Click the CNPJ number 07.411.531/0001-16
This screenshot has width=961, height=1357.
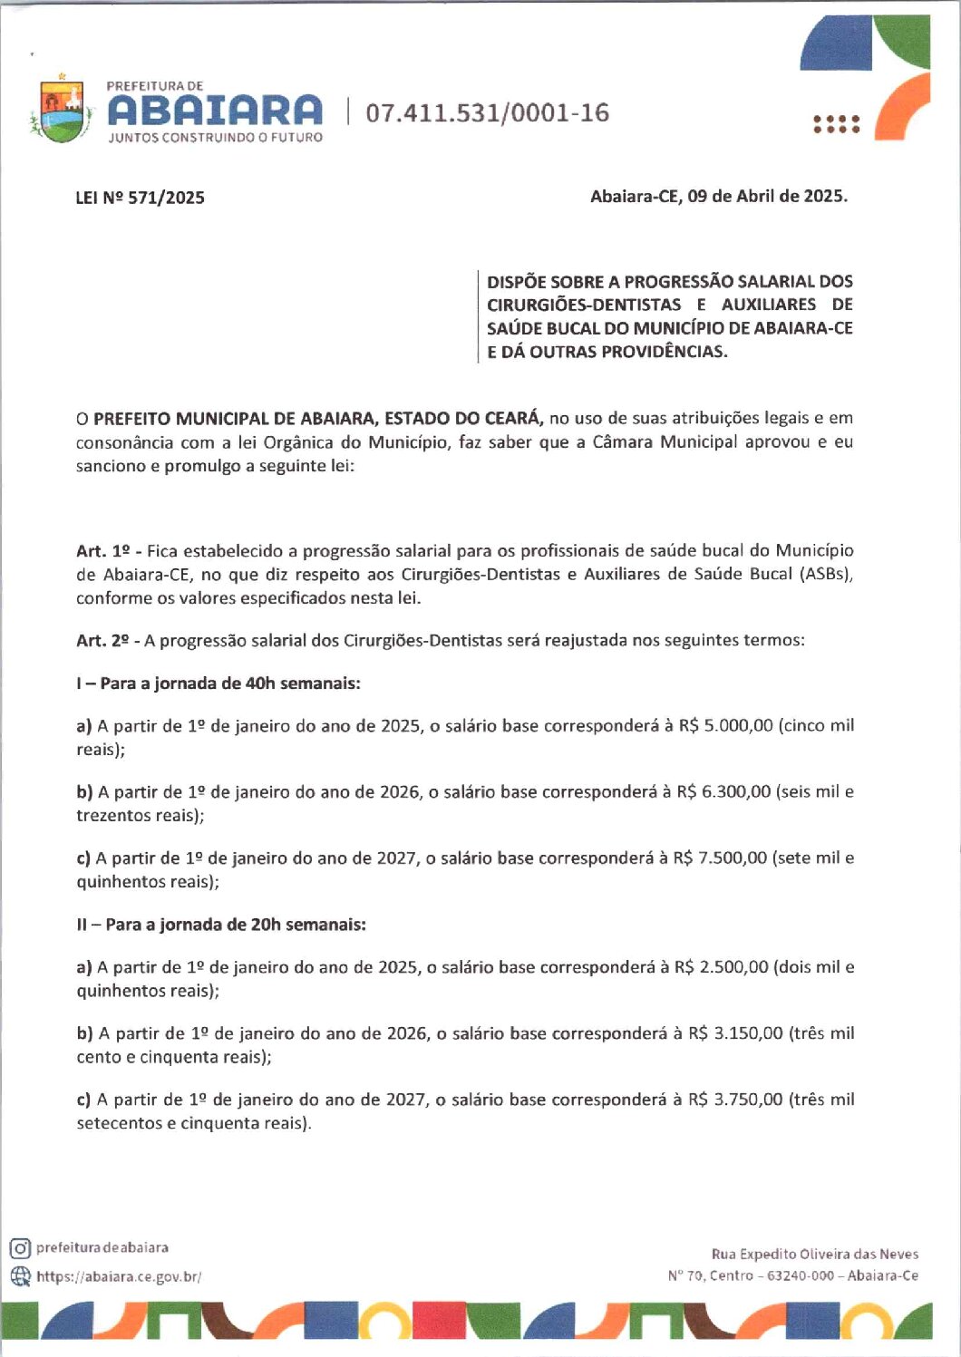tap(488, 113)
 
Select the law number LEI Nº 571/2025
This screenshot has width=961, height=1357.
tap(141, 198)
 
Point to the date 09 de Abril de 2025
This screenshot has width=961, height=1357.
tap(767, 196)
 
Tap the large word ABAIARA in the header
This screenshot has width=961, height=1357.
tap(215, 111)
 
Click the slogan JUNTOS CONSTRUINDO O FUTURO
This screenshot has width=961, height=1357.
tap(215, 138)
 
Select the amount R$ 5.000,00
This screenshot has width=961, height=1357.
tap(725, 725)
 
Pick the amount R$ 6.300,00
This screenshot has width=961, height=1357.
tap(723, 791)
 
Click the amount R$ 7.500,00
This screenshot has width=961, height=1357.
tap(720, 858)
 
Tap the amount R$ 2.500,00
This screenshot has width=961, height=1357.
tap(721, 967)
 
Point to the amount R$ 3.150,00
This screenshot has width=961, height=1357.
tap(735, 1033)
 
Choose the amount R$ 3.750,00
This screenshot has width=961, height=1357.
tap(735, 1100)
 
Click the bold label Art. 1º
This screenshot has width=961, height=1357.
tap(103, 551)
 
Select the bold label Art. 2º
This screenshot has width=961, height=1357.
tap(103, 641)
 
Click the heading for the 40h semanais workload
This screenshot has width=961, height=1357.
tap(218, 683)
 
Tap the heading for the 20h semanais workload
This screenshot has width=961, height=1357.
tap(221, 925)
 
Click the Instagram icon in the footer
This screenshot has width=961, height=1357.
tap(20, 1248)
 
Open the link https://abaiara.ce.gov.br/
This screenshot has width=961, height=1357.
tap(119, 1276)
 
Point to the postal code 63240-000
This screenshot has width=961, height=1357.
tap(801, 1275)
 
